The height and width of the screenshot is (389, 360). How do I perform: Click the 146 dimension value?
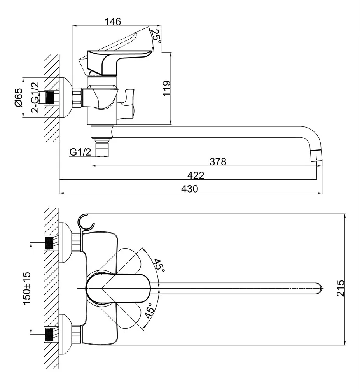(113, 21)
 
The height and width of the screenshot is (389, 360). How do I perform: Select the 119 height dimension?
(166, 89)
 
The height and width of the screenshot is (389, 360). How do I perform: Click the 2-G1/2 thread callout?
(35, 97)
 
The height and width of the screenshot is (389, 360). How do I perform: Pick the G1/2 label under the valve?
(80, 152)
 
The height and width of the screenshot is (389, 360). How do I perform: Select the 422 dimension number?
(196, 175)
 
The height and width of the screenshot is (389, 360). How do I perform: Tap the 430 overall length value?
(190, 189)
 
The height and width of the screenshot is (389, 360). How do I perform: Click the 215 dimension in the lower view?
(341, 288)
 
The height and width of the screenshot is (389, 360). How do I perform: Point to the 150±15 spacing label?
(27, 288)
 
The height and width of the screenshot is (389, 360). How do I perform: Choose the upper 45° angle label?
(159, 266)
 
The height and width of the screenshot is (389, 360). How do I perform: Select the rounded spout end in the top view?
(320, 288)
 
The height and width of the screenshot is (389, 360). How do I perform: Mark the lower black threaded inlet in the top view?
(49, 334)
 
